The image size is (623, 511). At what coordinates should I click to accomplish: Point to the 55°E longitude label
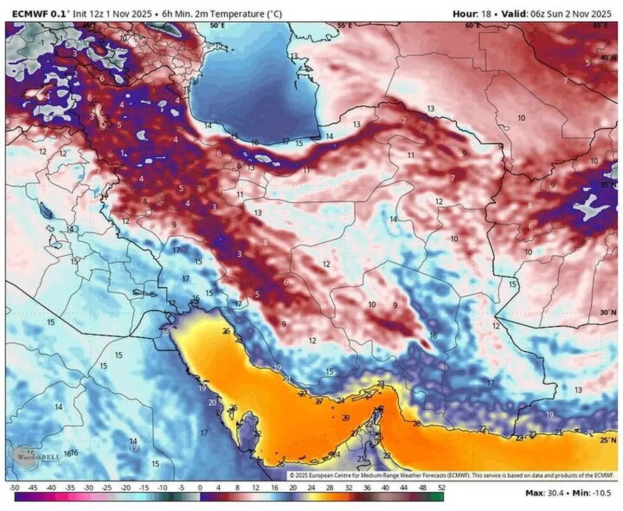coord(345,25)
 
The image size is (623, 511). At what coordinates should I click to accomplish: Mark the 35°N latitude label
coord(608,185)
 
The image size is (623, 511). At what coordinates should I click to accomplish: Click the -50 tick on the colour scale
coord(14,488)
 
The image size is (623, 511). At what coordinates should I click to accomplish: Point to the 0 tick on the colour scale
coord(200,488)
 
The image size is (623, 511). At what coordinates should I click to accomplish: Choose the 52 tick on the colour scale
coord(441,488)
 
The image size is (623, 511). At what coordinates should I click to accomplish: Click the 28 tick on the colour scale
coord(330,488)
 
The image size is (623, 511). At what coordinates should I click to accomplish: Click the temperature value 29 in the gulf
coord(346,418)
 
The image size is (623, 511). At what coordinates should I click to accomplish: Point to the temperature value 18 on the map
coord(166,332)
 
